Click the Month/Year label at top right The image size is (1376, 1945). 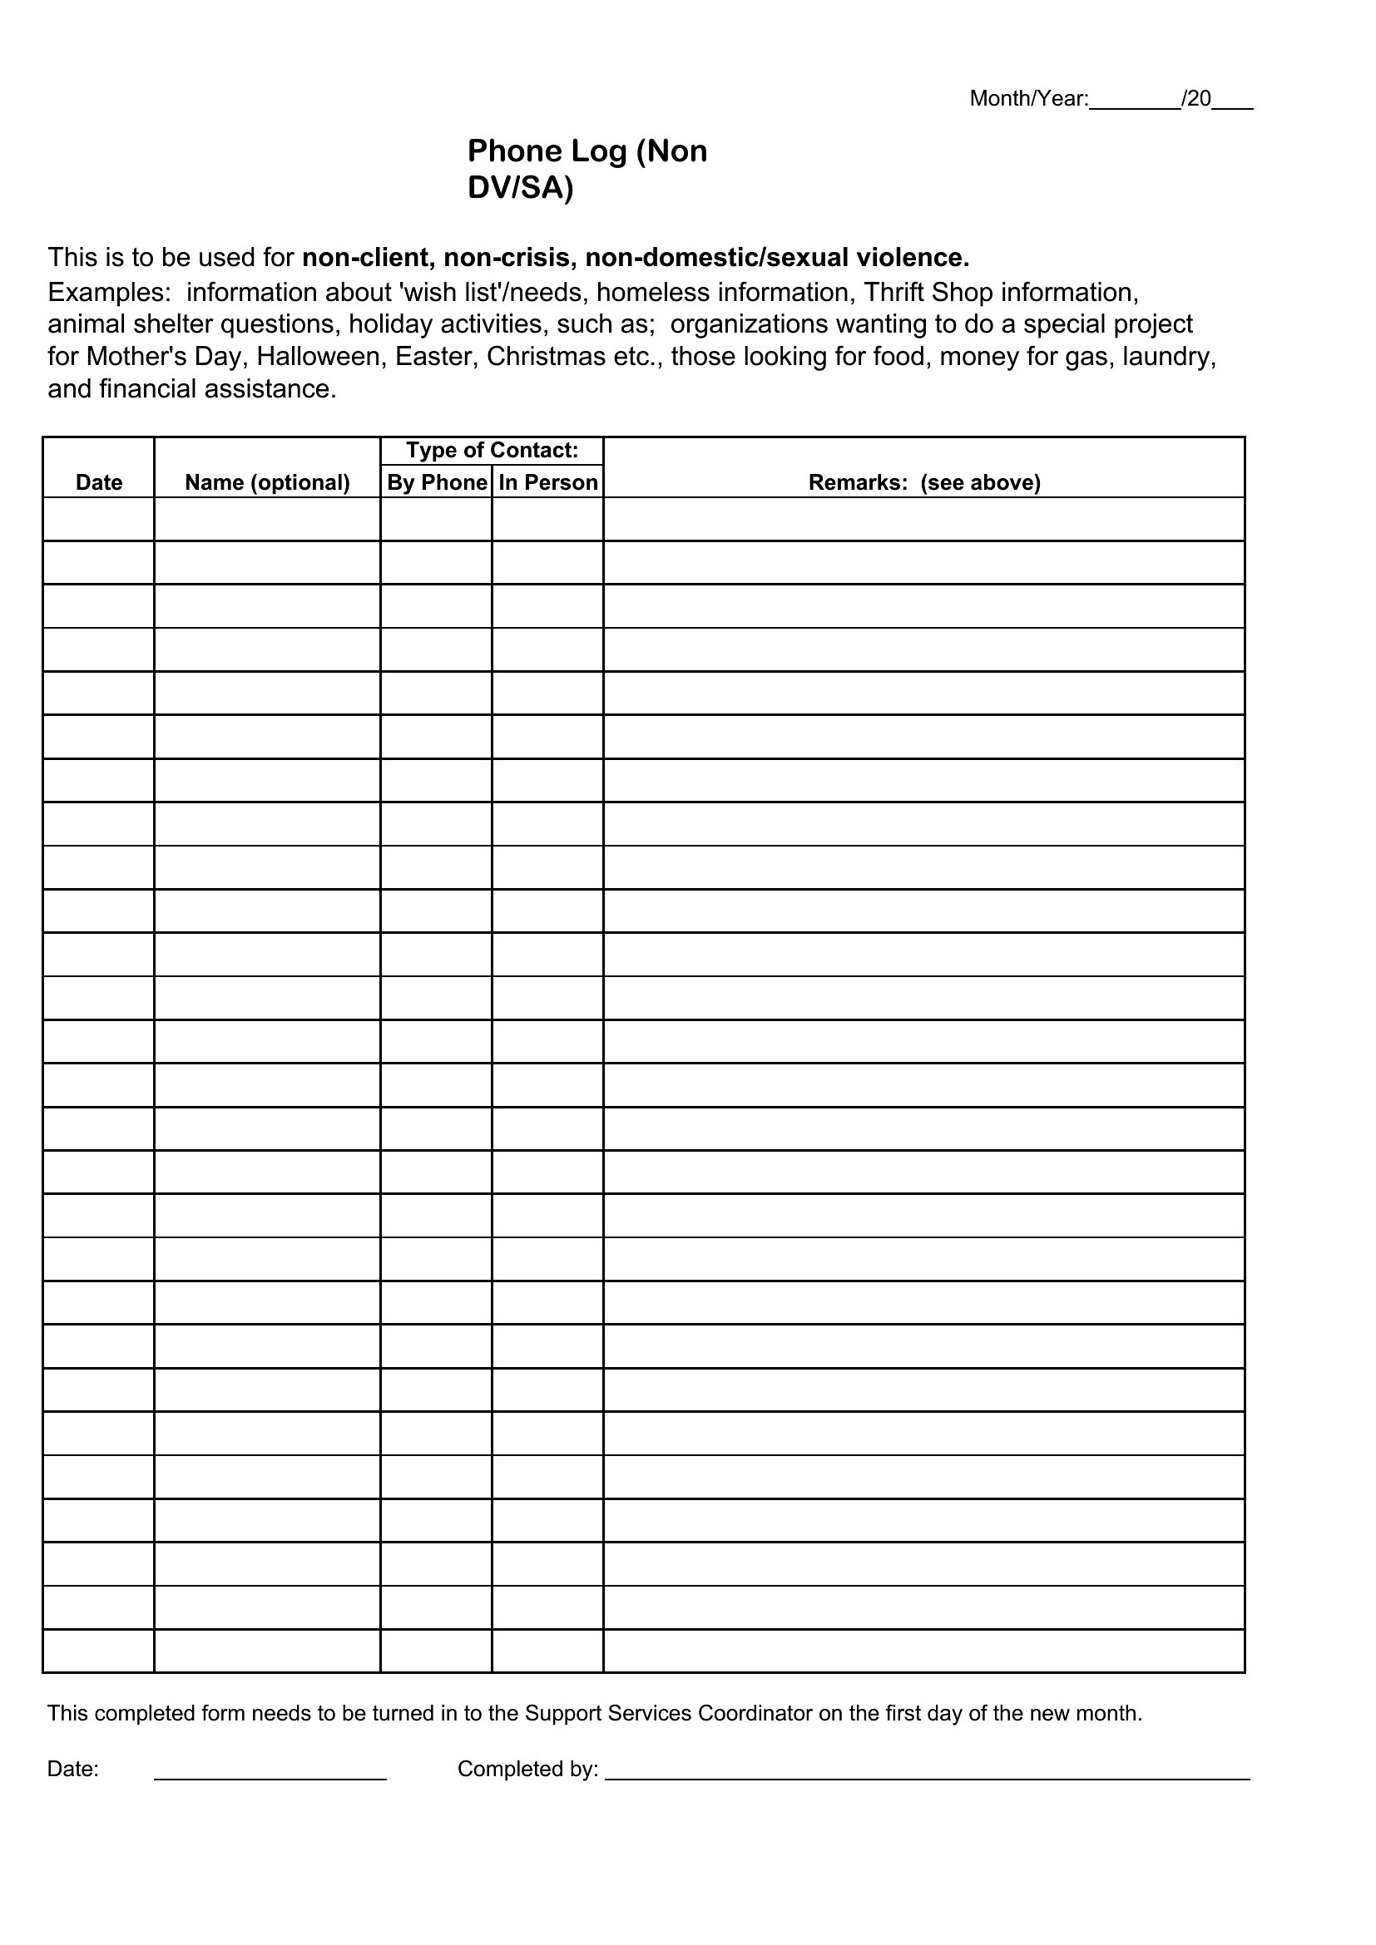click(1028, 99)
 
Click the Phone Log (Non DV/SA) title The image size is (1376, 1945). click(587, 169)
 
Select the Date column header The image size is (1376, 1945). click(99, 483)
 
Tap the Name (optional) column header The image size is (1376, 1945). click(267, 483)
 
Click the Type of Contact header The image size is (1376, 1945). click(492, 451)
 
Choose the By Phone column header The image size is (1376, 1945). click(437, 483)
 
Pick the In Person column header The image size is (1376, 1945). click(548, 483)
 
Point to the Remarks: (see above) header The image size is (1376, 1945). click(923, 483)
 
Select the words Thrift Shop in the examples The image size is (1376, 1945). click(928, 292)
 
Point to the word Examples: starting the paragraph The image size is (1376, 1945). click(109, 292)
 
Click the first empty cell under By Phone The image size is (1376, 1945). click(437, 519)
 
